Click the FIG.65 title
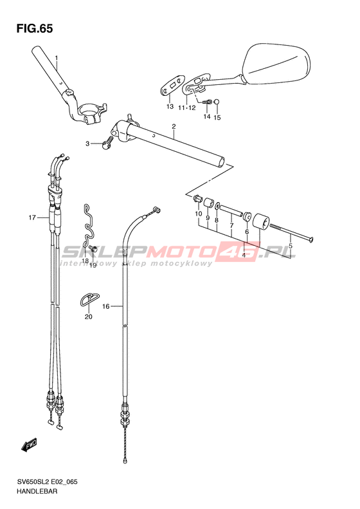(35, 29)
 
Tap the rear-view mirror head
(276, 64)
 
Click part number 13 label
(170, 106)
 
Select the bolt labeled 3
(107, 143)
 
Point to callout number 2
(174, 126)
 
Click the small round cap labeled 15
(217, 102)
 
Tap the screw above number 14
(207, 102)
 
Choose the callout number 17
(32, 217)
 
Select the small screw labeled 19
(93, 249)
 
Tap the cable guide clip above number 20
(89, 299)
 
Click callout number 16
(106, 306)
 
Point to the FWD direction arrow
(29, 445)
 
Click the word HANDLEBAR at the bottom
(37, 492)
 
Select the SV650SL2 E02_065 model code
(47, 482)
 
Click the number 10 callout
(198, 214)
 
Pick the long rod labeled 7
(231, 210)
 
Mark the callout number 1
(56, 58)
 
